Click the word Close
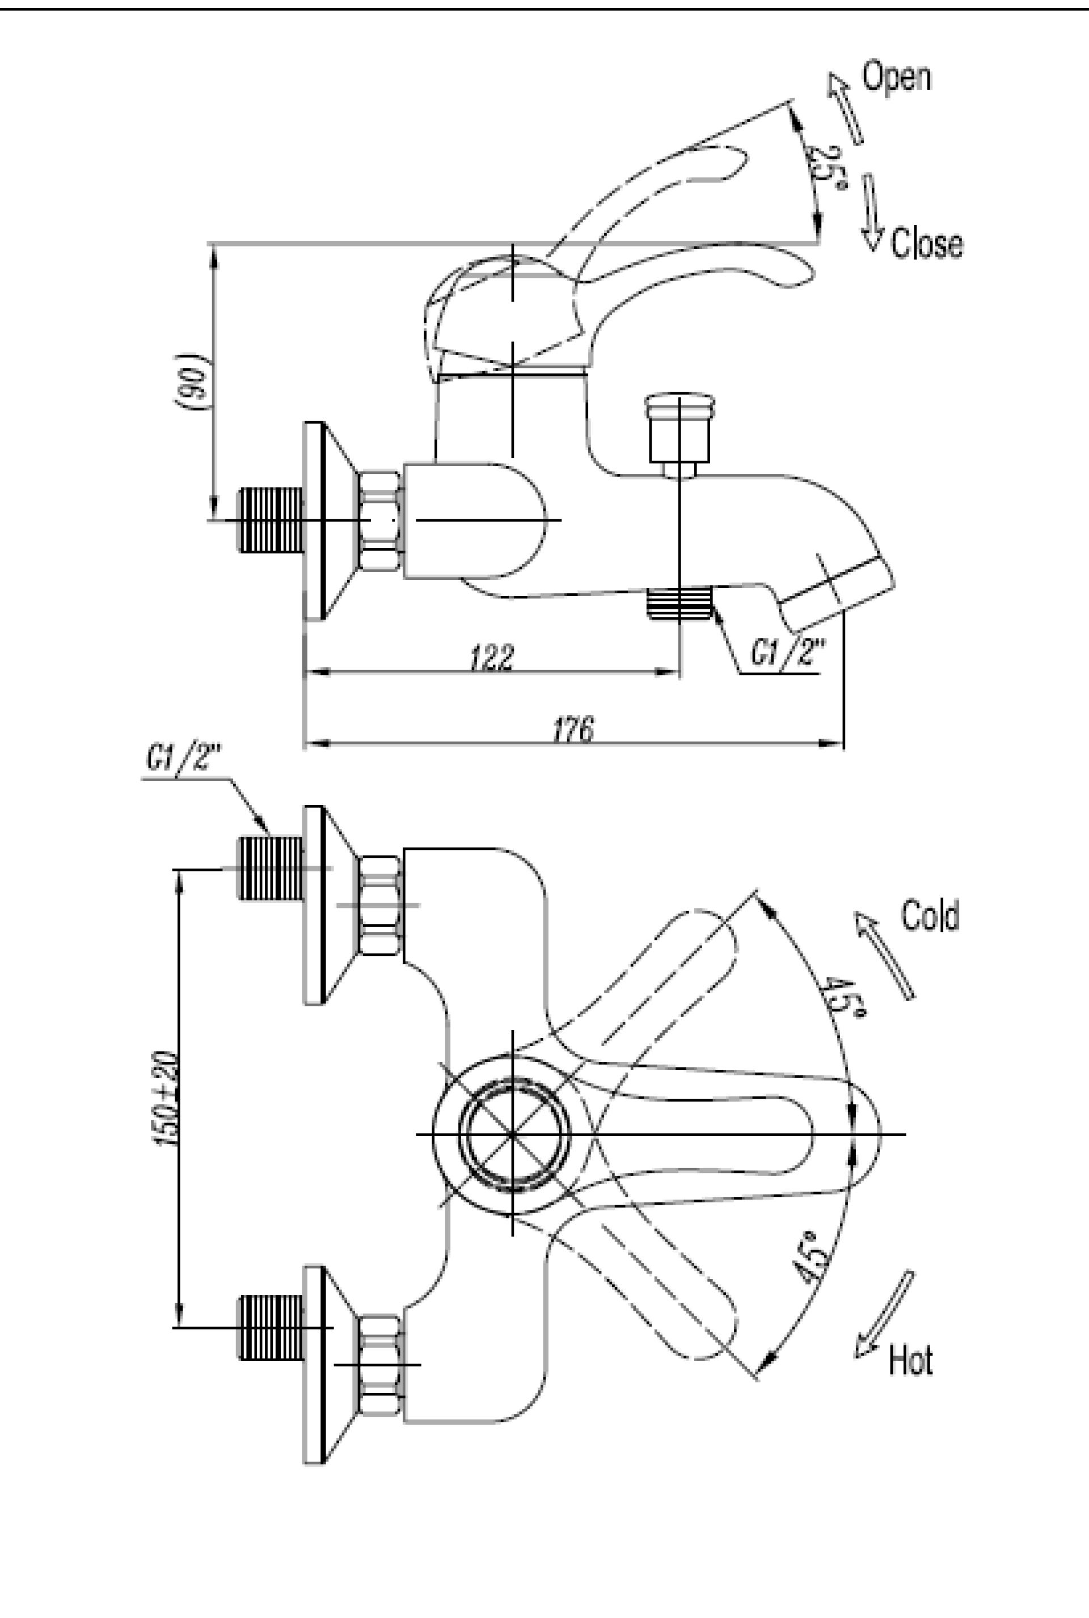[x=926, y=243]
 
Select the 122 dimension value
[x=492, y=656]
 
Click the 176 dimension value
[x=573, y=730]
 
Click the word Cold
[x=930, y=916]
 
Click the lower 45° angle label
[x=811, y=1257]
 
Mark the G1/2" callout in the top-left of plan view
[x=183, y=759]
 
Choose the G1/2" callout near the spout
[x=788, y=653]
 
